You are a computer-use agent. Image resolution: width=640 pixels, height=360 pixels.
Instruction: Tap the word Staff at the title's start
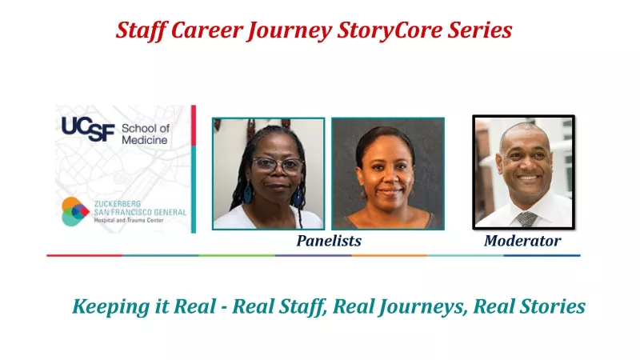click(x=142, y=30)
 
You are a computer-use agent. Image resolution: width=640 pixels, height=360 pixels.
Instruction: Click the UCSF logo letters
click(x=88, y=129)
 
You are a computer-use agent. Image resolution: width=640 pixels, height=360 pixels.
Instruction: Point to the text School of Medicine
click(x=146, y=134)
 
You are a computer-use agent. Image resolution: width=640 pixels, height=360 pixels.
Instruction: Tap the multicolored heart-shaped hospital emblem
click(x=75, y=211)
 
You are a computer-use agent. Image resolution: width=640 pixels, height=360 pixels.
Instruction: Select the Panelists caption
click(x=329, y=241)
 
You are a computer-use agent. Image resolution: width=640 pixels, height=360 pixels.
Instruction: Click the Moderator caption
click(x=522, y=241)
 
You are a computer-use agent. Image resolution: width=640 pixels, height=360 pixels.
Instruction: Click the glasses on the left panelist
click(x=278, y=165)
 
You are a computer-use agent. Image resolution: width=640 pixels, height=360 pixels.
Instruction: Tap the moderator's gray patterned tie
click(x=527, y=219)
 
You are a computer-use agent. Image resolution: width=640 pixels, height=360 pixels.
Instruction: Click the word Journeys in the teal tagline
click(x=423, y=307)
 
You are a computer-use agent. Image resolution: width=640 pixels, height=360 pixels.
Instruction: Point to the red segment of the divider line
click(x=85, y=255)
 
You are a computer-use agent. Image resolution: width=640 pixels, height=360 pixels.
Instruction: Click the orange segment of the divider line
click(x=390, y=255)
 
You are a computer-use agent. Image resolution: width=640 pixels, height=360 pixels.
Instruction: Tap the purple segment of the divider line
click(x=313, y=255)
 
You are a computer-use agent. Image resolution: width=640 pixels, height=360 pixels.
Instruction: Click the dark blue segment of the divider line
click(x=542, y=255)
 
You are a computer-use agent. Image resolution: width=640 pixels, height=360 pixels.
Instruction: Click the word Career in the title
click(x=207, y=30)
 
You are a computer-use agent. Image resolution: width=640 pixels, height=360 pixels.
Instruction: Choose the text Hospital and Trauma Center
click(x=129, y=221)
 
